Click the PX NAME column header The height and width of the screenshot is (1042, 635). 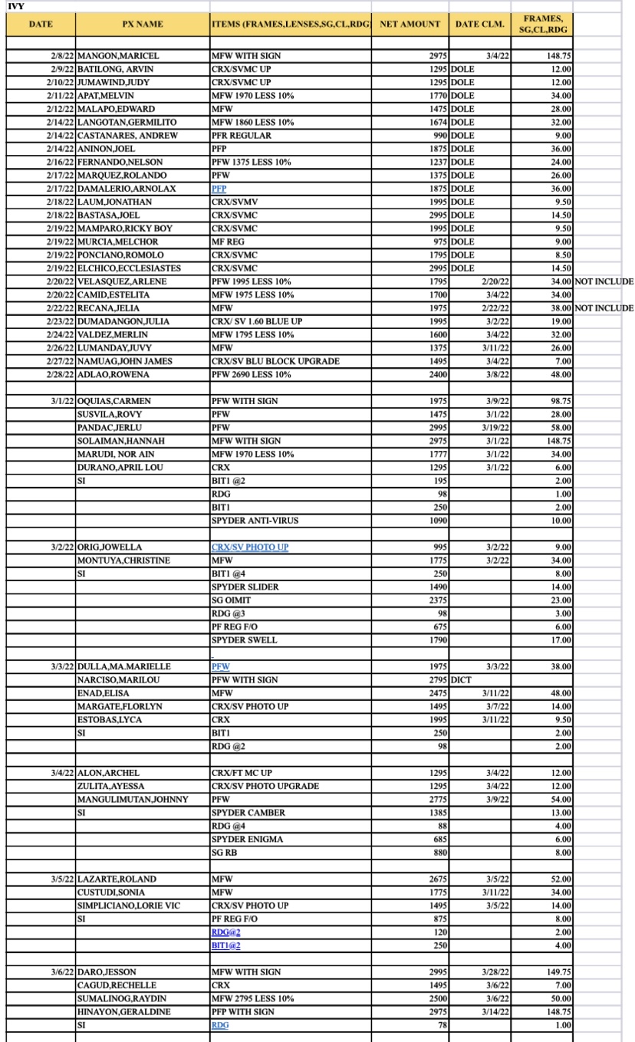point(142,24)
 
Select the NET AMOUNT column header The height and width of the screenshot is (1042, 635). point(410,24)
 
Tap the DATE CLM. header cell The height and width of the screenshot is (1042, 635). point(480,24)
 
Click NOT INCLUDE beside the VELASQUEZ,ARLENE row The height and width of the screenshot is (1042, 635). point(604,281)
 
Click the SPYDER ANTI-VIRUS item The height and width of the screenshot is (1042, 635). point(255,521)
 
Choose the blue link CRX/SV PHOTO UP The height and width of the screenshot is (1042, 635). point(250,547)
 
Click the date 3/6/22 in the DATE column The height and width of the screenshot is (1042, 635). point(61,971)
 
